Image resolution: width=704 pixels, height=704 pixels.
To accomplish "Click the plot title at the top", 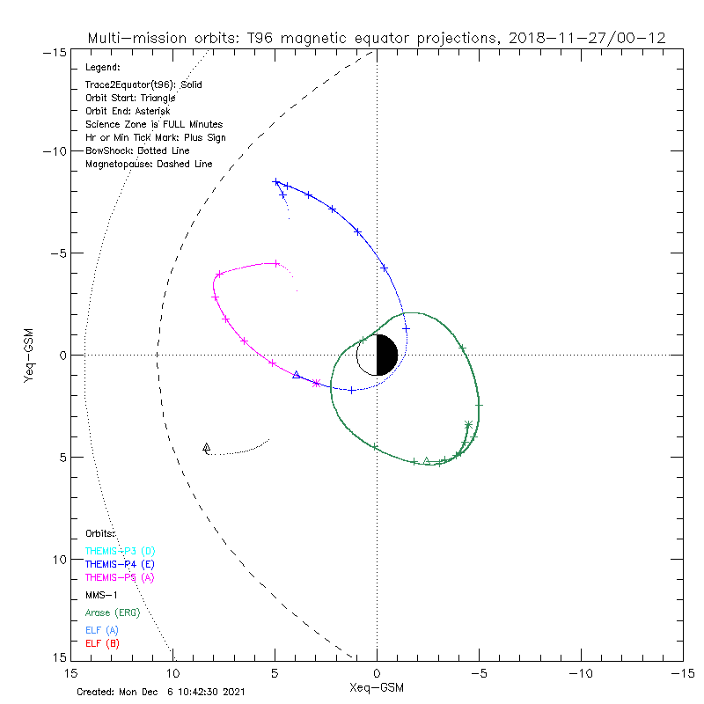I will click(x=376, y=38).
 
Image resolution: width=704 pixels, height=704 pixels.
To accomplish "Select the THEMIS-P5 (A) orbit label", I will click(x=119, y=577).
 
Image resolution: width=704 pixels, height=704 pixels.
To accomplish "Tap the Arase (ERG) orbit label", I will click(x=112, y=612).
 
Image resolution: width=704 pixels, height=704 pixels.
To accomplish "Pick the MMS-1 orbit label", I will click(x=101, y=595).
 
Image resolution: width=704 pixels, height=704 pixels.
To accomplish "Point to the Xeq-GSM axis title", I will click(x=378, y=686).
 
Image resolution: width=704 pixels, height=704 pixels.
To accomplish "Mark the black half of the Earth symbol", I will click(x=387, y=355).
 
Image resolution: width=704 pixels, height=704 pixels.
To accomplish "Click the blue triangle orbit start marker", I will click(x=297, y=375).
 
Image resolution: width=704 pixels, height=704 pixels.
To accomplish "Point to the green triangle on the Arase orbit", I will click(x=427, y=460).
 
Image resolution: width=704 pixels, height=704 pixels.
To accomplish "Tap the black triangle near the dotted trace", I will click(x=207, y=447).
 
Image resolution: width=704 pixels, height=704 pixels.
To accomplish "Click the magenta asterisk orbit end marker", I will click(x=317, y=383).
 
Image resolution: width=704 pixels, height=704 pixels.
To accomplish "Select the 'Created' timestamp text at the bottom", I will click(x=160, y=692).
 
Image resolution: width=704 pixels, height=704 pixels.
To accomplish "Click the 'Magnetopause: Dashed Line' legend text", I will click(x=149, y=165).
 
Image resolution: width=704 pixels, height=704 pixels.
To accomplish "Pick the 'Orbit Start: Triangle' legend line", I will click(x=130, y=98).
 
